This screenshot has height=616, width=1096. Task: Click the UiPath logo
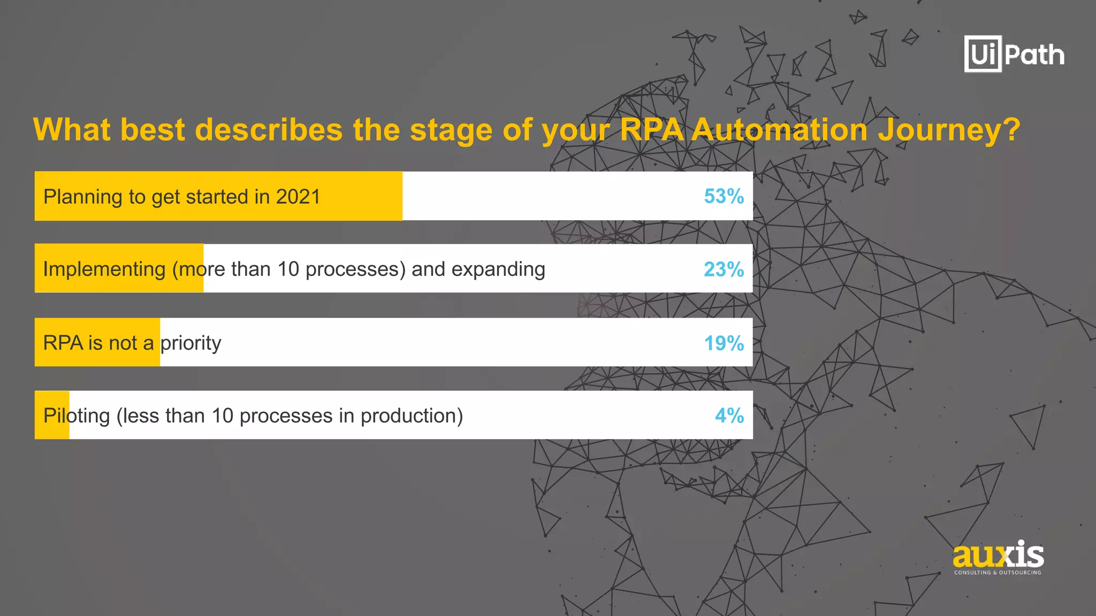(x=1014, y=54)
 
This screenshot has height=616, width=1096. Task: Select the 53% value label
(x=724, y=196)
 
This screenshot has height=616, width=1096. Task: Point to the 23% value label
(x=724, y=269)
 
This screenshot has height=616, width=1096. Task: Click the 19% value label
(x=724, y=343)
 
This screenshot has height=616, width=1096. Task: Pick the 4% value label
(x=729, y=415)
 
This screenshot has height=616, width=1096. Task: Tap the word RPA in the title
(x=651, y=130)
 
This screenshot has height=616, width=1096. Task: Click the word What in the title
(x=72, y=130)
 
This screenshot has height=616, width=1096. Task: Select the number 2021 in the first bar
(x=298, y=197)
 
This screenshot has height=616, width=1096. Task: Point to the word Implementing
(x=104, y=269)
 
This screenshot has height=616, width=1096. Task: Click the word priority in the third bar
(x=191, y=343)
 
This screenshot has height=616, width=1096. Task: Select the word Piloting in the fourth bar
(x=77, y=415)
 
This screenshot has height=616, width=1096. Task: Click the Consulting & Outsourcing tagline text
(x=998, y=573)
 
